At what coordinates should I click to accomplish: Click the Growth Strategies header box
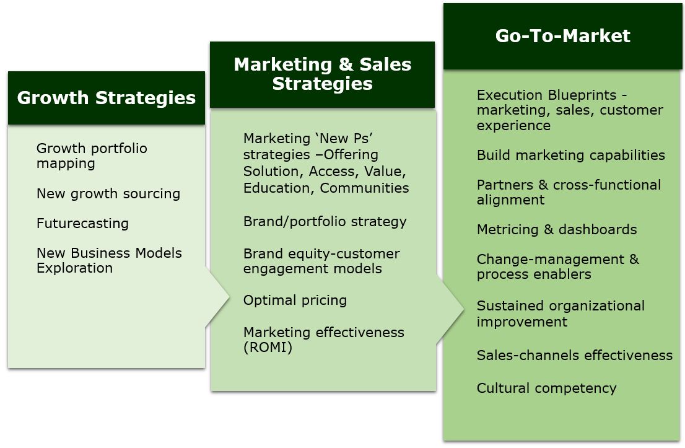coord(106,98)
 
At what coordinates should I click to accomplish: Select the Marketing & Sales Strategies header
coord(322,74)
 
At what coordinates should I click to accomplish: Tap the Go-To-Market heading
coord(562,36)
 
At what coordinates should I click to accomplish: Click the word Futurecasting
coord(82,223)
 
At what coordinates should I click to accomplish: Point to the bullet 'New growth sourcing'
coord(108,193)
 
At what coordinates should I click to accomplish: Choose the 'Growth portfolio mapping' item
coord(92,156)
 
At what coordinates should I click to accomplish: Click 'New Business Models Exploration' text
coord(109,260)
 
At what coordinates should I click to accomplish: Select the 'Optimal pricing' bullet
coord(295,300)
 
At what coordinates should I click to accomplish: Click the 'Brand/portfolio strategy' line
coord(325,221)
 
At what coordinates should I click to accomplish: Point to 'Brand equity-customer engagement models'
coord(321,261)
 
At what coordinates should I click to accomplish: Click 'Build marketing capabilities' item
coord(570,155)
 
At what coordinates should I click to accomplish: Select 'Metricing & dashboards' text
coord(556,229)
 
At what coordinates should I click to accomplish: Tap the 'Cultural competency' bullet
coord(546,388)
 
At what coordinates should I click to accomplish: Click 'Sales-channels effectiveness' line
coord(574,355)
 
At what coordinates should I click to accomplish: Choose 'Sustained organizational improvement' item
coord(561,314)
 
